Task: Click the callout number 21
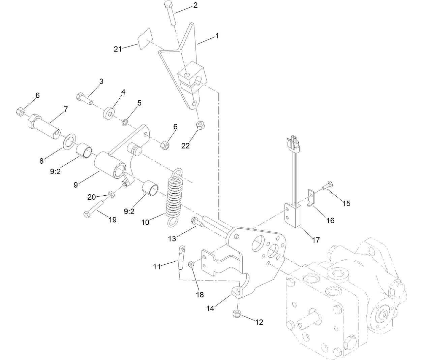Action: (x=118, y=49)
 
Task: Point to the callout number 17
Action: (x=315, y=240)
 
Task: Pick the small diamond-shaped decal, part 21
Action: (x=145, y=39)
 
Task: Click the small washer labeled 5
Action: (x=125, y=121)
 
